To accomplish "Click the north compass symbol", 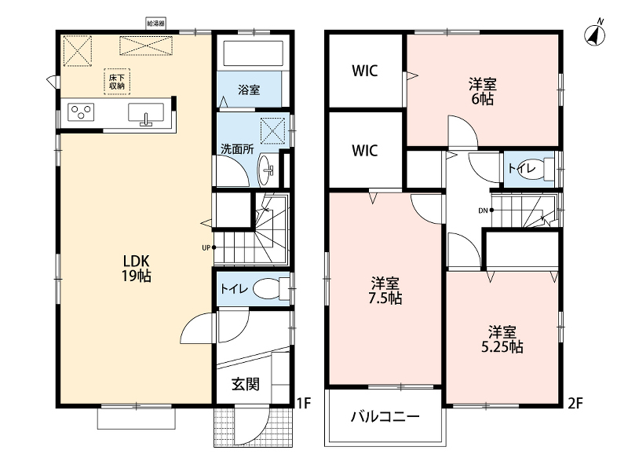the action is pos(595,34).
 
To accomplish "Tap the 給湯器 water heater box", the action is pos(155,24).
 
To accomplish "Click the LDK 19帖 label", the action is pos(136,269).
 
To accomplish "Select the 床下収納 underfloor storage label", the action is pos(117,82).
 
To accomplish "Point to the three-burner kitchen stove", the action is pos(81,112).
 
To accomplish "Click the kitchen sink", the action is pos(146,112).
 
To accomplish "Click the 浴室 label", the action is pos(249,90).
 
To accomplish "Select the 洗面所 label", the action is pos(237,149).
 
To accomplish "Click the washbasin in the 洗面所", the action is pos(265,170).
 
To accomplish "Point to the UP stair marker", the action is pos(209,247).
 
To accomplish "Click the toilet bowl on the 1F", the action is pos(268,289).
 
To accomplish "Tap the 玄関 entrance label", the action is pos(246,384).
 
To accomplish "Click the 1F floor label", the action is pos(304,403).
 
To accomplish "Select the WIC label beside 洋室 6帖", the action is pos(364,71).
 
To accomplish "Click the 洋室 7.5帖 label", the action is pos(385,291).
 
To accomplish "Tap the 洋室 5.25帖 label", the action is pos(502,339).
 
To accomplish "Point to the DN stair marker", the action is pos(486,210).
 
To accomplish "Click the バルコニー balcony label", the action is pos(385,417).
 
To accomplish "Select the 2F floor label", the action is pos(575,403).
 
